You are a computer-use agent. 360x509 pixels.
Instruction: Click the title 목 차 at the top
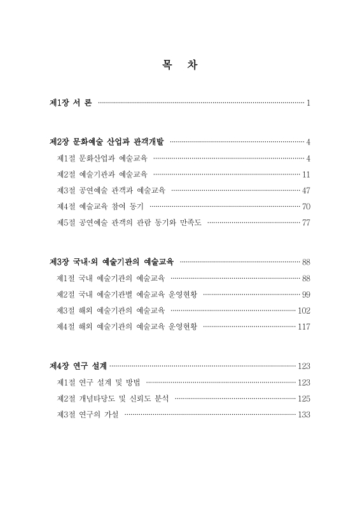pos(179,66)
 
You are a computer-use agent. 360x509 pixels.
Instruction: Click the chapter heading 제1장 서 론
pos(71,103)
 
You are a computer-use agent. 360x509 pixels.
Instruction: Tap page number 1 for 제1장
pos(308,103)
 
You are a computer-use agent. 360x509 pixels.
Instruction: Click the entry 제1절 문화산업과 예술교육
pos(102,158)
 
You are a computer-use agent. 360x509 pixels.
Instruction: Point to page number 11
pos(306,174)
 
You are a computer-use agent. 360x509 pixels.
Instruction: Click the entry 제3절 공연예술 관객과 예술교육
pos(111,190)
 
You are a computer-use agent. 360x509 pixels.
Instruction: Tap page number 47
pos(305,190)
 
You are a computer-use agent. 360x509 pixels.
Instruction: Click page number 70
pos(305,206)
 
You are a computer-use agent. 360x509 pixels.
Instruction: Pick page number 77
pos(305,223)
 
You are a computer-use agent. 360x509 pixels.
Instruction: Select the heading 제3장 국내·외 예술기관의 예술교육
pos(114,261)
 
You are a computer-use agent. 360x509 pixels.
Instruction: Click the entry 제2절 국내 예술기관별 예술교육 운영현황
pos(127,294)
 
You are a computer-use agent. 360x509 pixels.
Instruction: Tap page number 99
pos(305,294)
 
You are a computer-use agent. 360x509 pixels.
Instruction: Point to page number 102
pos(303,310)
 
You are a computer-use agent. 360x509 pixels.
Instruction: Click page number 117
pos(303,326)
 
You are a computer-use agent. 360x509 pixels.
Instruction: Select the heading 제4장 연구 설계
pos(78,366)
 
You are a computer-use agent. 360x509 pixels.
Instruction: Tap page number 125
pos(303,398)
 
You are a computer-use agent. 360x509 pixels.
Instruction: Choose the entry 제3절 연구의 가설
pos(88,415)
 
